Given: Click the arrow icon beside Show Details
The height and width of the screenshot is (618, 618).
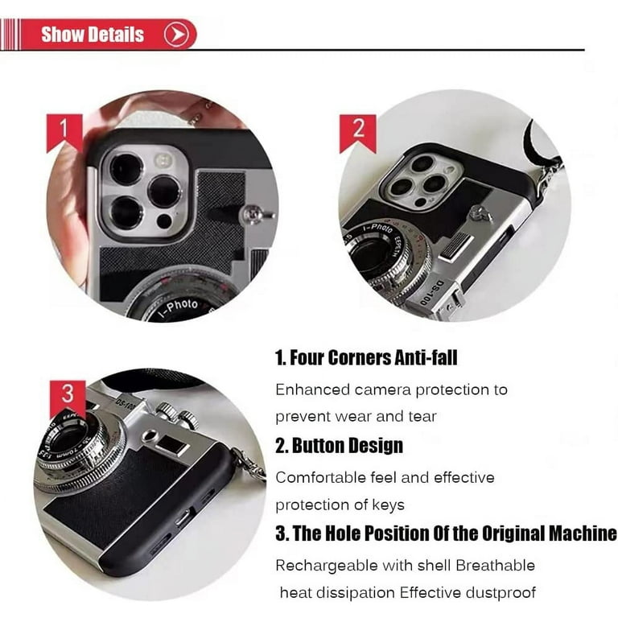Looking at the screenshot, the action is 177,35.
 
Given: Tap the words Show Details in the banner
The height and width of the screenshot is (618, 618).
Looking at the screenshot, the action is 93,35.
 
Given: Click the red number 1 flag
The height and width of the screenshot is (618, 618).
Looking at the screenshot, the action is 64,133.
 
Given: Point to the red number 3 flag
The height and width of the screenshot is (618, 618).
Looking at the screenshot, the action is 68,399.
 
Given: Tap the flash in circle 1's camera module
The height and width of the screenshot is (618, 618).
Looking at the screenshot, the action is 163,160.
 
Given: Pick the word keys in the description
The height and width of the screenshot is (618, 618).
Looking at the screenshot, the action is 388,505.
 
